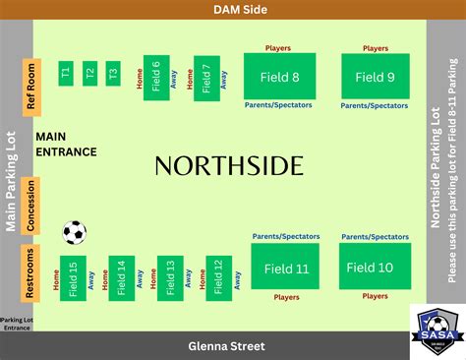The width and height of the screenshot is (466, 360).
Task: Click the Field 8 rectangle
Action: click(279, 77)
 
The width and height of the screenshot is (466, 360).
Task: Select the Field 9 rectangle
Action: click(376, 77)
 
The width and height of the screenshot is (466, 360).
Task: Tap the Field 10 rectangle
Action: click(369, 267)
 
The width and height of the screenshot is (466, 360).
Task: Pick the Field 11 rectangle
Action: click(286, 268)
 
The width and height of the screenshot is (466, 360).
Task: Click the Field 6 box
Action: click(155, 77)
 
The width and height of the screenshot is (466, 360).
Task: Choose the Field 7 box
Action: click(206, 78)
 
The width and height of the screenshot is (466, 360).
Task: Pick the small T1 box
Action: click(66, 73)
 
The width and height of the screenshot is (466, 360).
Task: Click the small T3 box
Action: click(113, 73)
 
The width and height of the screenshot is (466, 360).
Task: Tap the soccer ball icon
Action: click(75, 232)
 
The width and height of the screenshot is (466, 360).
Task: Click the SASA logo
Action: click(437, 330)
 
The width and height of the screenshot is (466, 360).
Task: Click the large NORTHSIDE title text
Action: click(229, 165)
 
